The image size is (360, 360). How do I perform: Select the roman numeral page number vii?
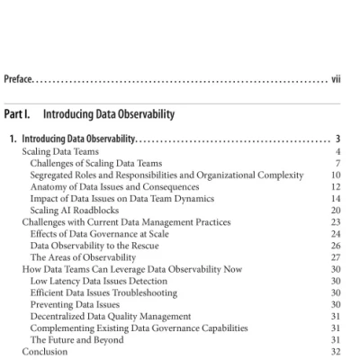pyautogui.click(x=336, y=80)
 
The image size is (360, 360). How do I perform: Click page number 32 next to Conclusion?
pyautogui.click(x=336, y=352)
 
